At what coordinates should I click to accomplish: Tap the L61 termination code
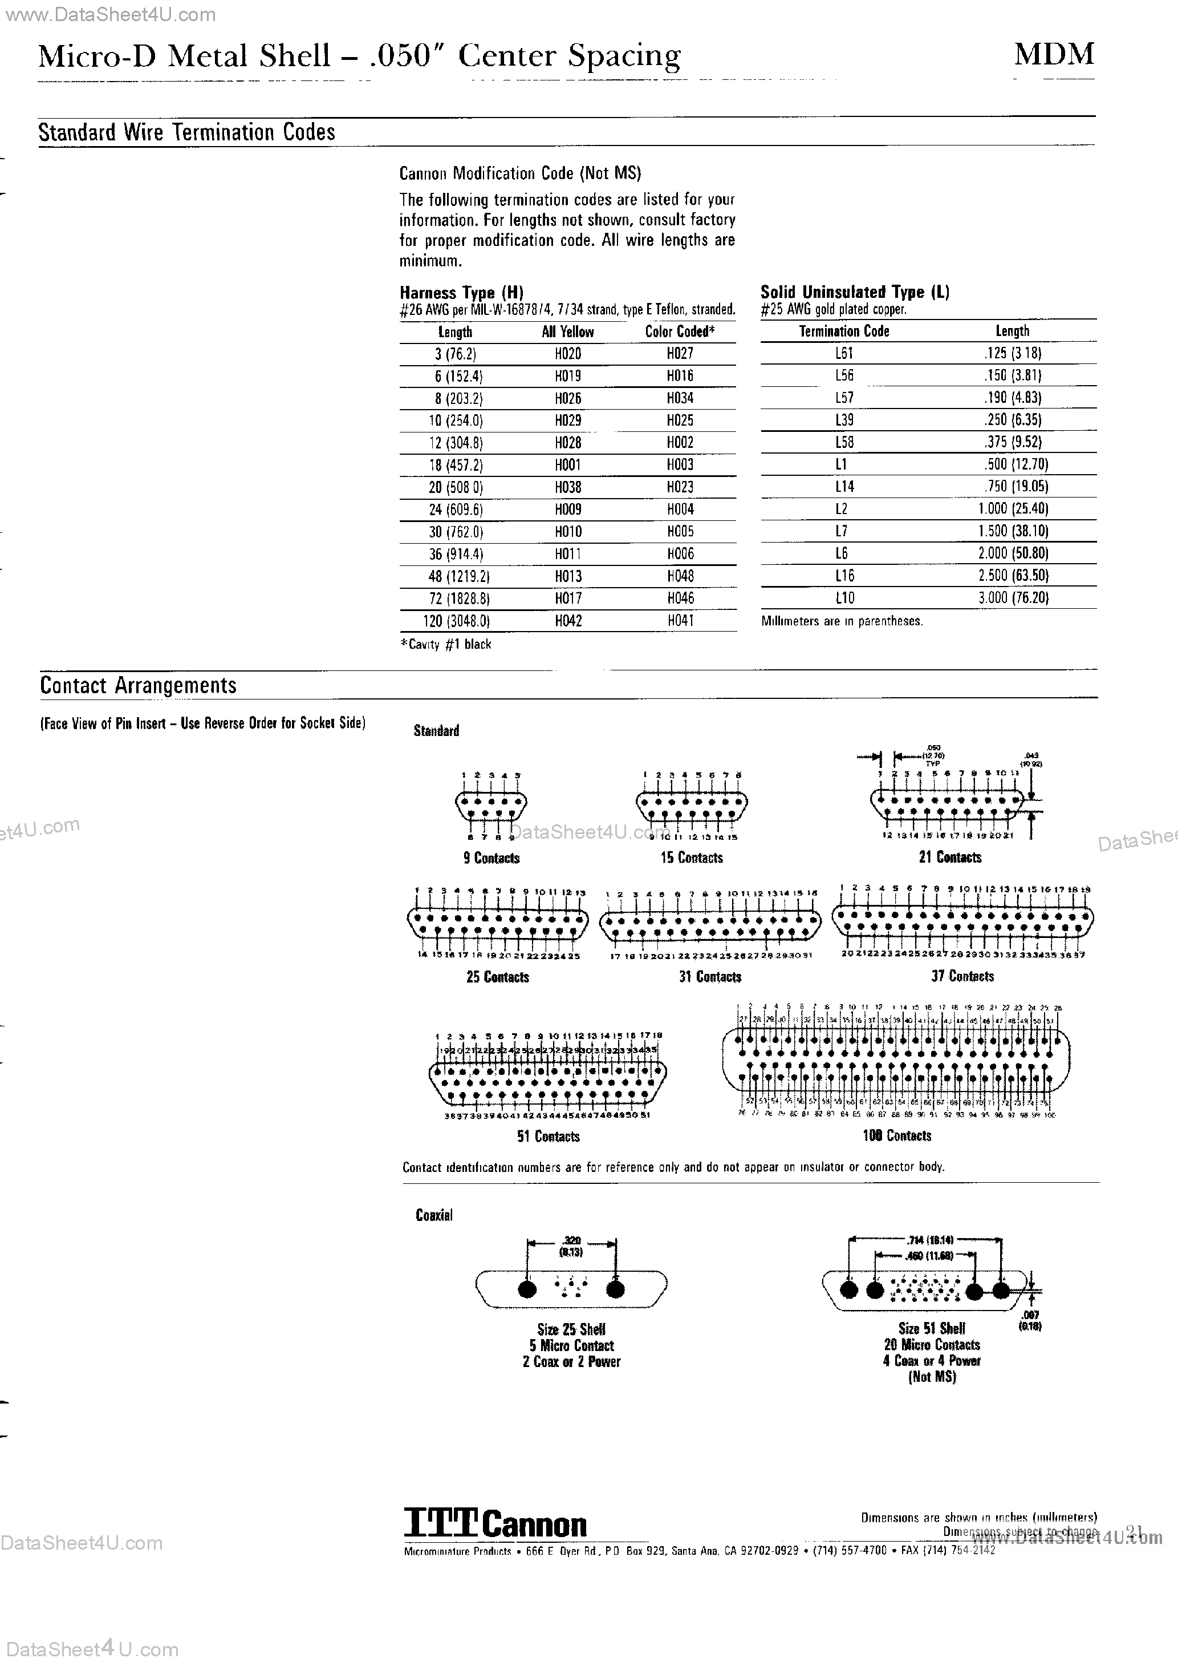(844, 353)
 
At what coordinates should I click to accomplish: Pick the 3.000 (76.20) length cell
(1013, 598)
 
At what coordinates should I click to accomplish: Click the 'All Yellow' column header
(567, 331)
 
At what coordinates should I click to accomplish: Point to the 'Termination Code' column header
(844, 331)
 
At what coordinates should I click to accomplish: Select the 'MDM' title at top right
(1053, 54)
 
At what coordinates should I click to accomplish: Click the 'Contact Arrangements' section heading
(138, 686)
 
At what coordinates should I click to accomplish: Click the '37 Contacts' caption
(962, 976)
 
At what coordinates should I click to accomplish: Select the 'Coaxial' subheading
(434, 1215)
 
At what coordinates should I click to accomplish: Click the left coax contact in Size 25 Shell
(528, 1289)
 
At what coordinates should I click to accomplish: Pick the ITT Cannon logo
(495, 1525)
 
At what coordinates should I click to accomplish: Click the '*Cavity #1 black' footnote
(445, 644)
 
